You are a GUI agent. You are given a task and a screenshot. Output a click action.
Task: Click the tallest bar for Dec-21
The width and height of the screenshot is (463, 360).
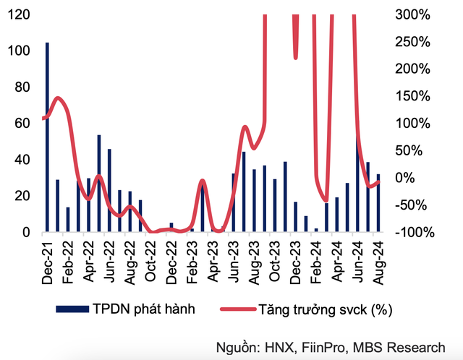[48, 137]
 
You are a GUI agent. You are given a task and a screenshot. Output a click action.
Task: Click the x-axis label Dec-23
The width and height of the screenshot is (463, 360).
[294, 256]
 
